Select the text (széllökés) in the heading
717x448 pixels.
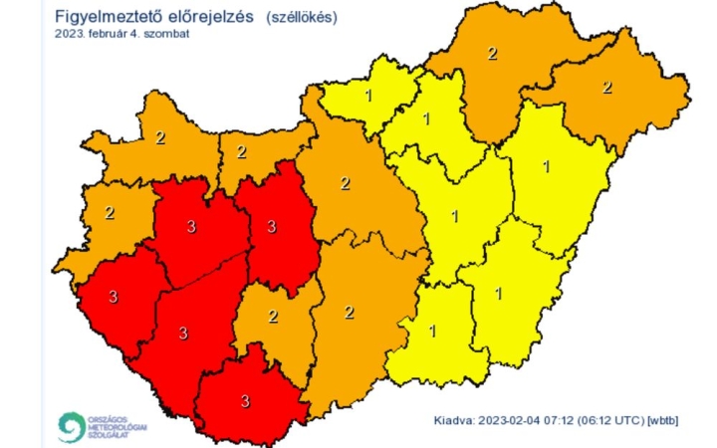(303, 18)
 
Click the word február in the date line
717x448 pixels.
(106, 34)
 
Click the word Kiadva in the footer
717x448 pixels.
(455, 421)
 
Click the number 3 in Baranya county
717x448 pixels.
(246, 401)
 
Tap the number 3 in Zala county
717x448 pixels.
(114, 296)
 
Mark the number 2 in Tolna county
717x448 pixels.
(273, 317)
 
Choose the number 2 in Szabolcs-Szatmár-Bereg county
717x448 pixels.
(606, 88)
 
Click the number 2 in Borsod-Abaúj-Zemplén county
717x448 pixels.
(492, 53)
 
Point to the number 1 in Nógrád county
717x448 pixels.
(369, 97)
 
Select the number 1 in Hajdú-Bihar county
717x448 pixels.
(546, 165)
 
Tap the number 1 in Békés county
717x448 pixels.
(499, 293)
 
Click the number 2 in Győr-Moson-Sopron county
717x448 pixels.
(160, 138)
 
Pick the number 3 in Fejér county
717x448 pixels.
(272, 227)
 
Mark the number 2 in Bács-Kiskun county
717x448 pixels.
(349, 313)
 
